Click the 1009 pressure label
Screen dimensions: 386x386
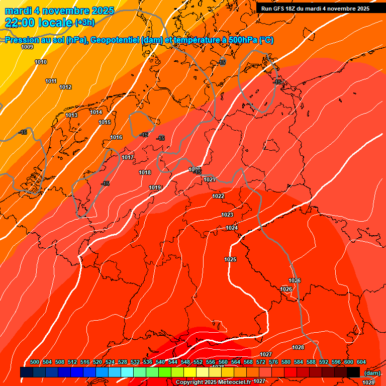pos(27,47)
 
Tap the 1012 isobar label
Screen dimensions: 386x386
pos(65,87)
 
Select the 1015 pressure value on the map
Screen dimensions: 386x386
pos(105,122)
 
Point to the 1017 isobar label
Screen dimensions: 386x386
pos(128,157)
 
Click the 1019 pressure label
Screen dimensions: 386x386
pos(155,187)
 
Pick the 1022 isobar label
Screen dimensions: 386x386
pos(218,196)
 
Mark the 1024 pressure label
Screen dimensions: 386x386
pos(232,228)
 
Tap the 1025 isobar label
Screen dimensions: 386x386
pos(230,259)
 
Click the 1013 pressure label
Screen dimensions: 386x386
pos(71,115)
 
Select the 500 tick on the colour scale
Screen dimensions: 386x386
pos(35,362)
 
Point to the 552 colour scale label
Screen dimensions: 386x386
pos(198,362)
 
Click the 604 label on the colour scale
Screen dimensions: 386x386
pos(361,362)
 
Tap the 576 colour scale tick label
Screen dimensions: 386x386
pos(273,362)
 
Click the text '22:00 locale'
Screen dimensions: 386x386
pos(38,22)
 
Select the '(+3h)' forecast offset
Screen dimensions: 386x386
pos(84,23)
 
